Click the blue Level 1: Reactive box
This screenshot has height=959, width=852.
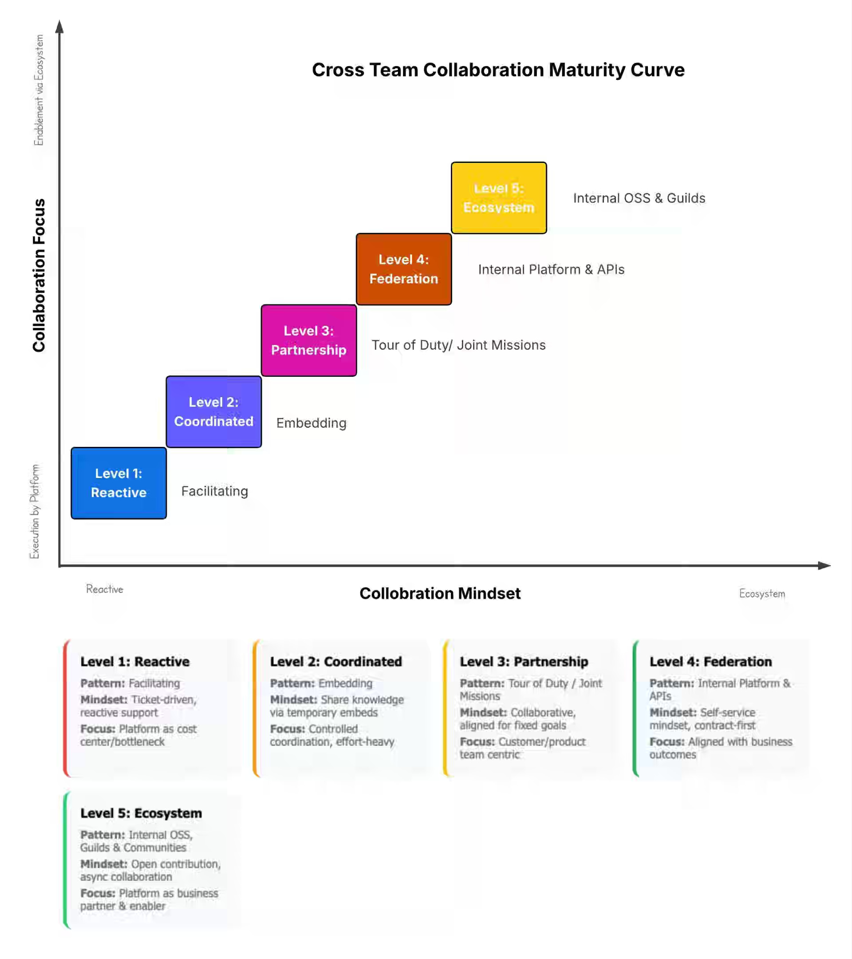point(118,483)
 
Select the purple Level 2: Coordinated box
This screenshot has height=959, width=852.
point(213,411)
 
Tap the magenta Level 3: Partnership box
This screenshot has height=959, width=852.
point(309,340)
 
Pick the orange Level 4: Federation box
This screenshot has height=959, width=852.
point(403,269)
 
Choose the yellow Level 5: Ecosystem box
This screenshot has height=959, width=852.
point(499,197)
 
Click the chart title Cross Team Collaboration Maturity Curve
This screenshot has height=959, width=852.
point(498,70)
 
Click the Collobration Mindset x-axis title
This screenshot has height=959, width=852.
point(440,593)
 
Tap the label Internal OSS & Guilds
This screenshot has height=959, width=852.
point(639,198)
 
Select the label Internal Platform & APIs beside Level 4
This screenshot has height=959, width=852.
point(551,269)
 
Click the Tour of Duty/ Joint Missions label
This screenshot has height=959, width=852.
point(458,345)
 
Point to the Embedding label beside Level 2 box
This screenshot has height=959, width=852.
point(311,423)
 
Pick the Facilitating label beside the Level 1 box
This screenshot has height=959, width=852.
point(214,491)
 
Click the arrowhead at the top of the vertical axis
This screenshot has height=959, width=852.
point(59,27)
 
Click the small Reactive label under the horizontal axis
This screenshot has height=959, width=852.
point(105,589)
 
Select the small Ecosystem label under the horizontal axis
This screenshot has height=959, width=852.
point(762,593)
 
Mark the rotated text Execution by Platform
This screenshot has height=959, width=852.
point(35,511)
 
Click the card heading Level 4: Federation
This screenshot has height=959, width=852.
point(710,662)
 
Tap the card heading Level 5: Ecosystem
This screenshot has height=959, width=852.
point(141,813)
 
